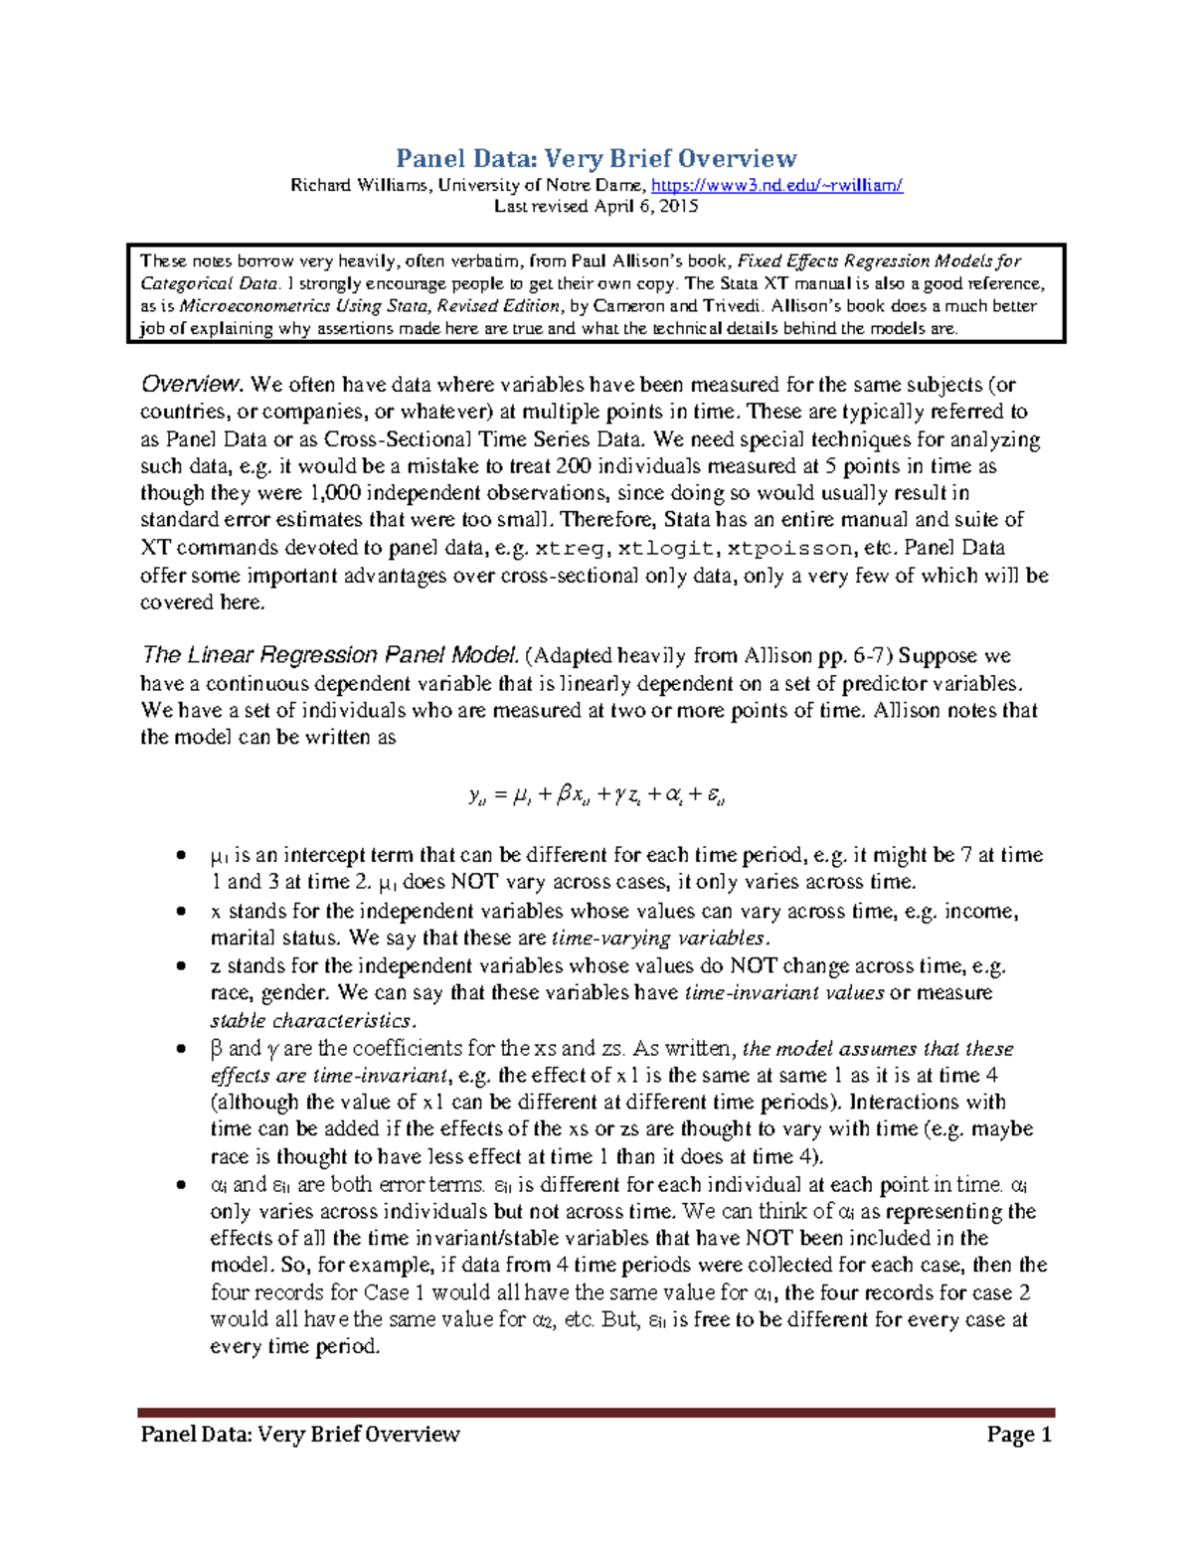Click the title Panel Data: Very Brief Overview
[x=596, y=158]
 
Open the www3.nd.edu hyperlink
[x=776, y=185]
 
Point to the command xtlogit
[x=665, y=548]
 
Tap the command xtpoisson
[x=789, y=548]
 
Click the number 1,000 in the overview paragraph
[x=336, y=493]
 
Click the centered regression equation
[x=596, y=794]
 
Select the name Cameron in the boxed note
[x=629, y=306]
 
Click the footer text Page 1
[x=1018, y=1434]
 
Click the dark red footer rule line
[x=596, y=1412]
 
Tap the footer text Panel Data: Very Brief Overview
[x=300, y=1434]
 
